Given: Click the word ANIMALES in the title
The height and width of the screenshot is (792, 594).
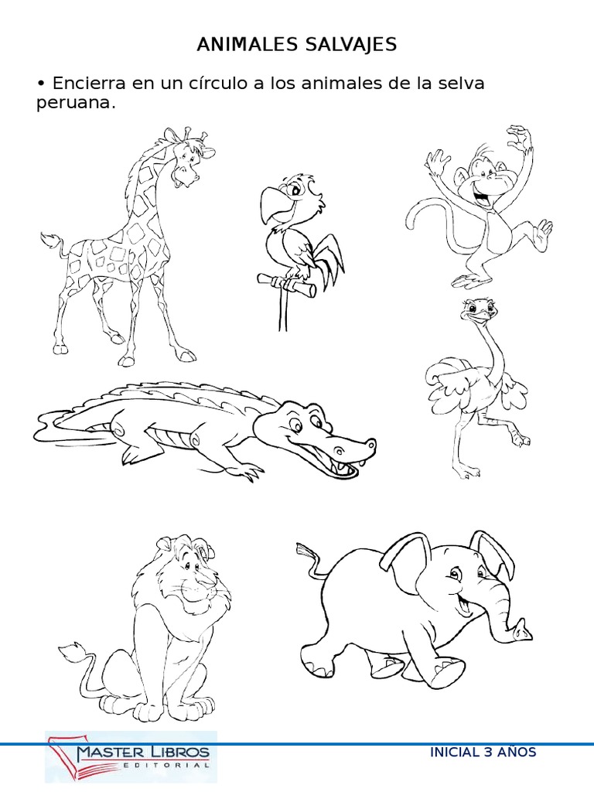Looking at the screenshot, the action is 247,44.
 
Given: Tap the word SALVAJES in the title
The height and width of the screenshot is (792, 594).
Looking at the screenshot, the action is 351,44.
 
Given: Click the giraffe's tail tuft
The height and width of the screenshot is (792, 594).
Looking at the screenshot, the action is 50,241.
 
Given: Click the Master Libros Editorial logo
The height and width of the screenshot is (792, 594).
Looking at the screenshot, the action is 131,756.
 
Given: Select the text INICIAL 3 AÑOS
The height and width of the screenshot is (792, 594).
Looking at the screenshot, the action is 483,752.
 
